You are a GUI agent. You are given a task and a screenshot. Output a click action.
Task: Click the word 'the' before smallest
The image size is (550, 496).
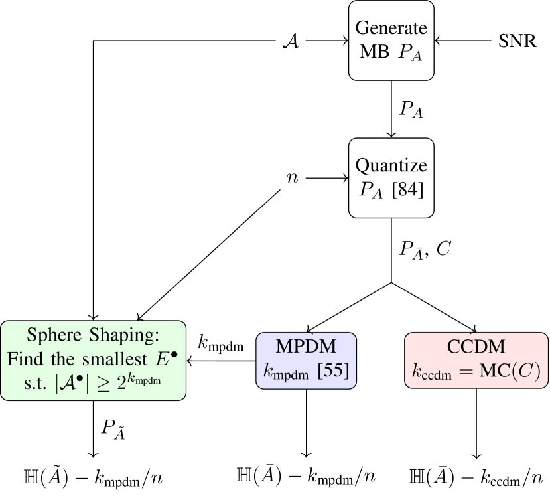[65, 360]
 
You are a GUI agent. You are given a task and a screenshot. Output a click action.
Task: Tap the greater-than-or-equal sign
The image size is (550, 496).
[109, 385]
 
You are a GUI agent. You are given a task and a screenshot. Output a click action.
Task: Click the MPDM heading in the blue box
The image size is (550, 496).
[306, 346]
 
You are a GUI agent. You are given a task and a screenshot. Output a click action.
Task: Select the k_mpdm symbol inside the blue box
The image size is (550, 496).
[286, 372]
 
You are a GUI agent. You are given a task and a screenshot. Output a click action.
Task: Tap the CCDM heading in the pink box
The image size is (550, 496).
[476, 346]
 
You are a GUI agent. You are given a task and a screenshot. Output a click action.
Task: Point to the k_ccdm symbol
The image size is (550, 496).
[434, 372]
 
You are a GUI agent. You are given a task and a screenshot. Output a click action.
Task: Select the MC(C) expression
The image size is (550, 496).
[510, 371]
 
